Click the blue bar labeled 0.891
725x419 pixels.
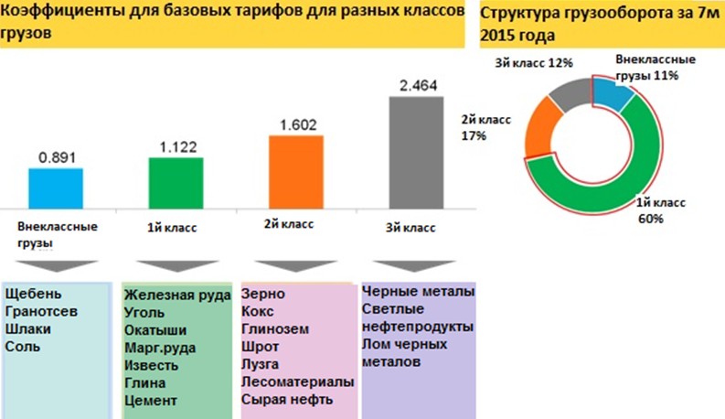click(55, 187)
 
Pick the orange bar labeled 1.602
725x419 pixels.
click(295, 170)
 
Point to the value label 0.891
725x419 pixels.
click(56, 157)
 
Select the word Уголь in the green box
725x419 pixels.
click(145, 313)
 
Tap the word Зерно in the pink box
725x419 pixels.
click(263, 295)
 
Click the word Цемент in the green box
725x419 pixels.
click(150, 400)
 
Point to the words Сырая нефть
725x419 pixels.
click(287, 400)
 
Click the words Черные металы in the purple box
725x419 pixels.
click(418, 293)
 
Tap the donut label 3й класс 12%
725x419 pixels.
click(533, 63)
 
